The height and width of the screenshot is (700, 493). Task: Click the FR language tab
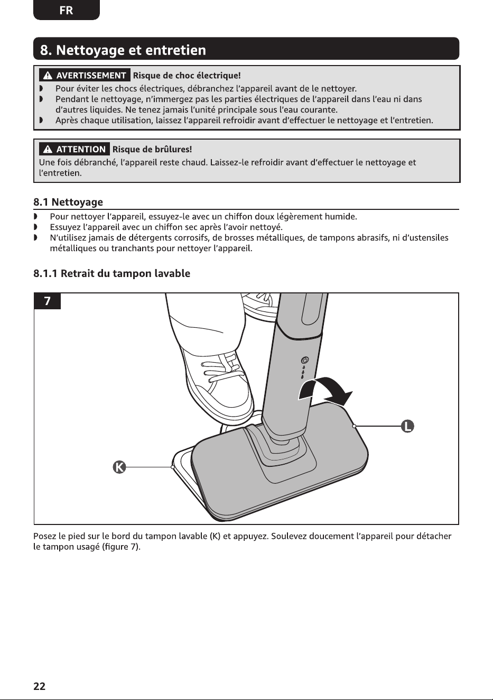click(66, 10)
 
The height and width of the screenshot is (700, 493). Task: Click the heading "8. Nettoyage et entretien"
click(123, 50)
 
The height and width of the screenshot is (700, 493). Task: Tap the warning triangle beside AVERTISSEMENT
click(48, 76)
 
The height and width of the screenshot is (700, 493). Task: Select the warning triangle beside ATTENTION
click(48, 150)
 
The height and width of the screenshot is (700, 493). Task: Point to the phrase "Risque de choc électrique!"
click(187, 76)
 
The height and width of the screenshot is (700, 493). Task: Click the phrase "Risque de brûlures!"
click(152, 150)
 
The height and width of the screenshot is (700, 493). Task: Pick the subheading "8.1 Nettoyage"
click(68, 202)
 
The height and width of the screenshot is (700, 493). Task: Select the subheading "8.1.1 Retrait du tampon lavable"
click(112, 273)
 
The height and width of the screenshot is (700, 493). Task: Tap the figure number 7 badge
click(47, 301)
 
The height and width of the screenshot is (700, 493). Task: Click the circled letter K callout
click(119, 467)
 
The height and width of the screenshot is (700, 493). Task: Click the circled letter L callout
click(407, 426)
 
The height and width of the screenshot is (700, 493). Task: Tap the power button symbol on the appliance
click(304, 361)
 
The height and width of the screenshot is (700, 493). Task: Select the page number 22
click(39, 686)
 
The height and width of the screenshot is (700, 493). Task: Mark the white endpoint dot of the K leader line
click(172, 467)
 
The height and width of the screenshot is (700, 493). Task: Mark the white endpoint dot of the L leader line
click(354, 426)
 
